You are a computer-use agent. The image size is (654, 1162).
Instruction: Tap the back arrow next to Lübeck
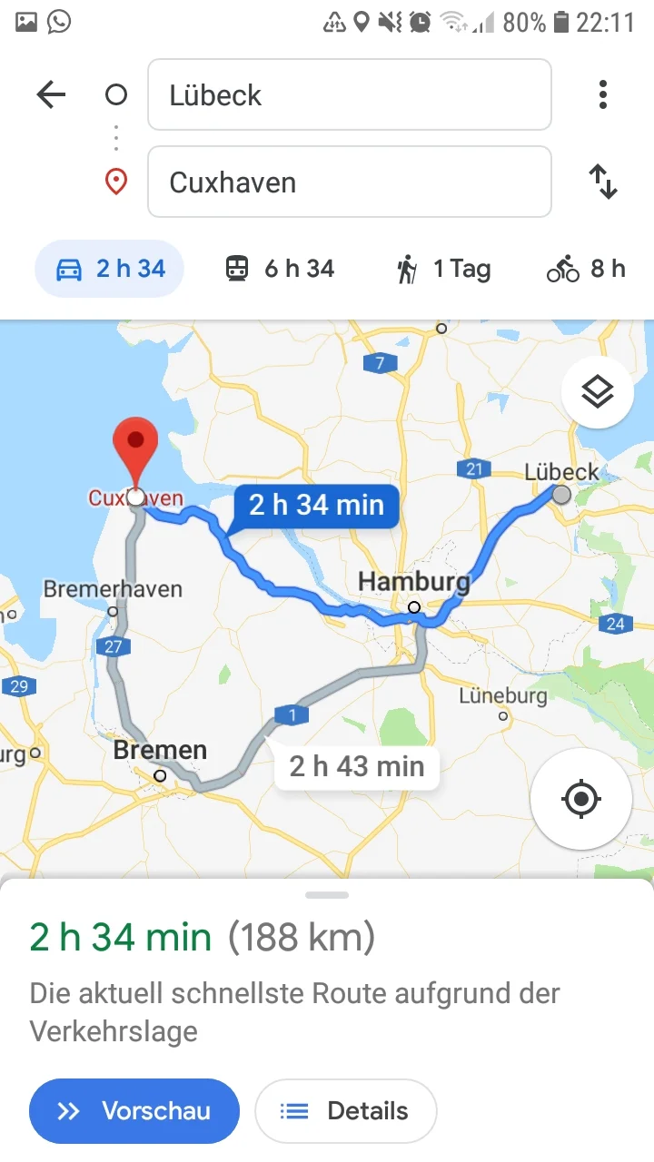[51, 94]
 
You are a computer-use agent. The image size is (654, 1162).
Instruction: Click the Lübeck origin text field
[349, 94]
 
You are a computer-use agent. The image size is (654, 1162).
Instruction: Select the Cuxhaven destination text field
[349, 182]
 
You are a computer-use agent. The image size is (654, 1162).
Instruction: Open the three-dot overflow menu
[602, 94]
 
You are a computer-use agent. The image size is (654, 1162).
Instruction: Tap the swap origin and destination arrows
[604, 182]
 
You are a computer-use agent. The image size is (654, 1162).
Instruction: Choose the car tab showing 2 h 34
[109, 269]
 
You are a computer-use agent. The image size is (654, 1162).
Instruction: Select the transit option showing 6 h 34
[280, 269]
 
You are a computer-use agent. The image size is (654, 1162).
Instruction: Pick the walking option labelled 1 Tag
[443, 269]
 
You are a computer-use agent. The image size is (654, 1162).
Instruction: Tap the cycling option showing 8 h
[586, 269]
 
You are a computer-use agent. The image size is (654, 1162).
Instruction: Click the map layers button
[597, 392]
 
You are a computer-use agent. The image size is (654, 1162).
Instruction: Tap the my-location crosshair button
[580, 800]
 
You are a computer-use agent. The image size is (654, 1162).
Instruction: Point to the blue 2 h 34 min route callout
[315, 505]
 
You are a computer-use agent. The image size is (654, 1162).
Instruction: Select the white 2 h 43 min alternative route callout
[356, 767]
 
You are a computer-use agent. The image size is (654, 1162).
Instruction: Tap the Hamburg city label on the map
[414, 581]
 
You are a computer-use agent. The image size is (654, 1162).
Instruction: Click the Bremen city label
[160, 751]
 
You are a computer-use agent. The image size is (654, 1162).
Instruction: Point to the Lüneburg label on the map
[502, 696]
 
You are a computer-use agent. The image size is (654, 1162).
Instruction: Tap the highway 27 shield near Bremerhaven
[113, 647]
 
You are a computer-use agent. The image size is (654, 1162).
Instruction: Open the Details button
[345, 1110]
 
